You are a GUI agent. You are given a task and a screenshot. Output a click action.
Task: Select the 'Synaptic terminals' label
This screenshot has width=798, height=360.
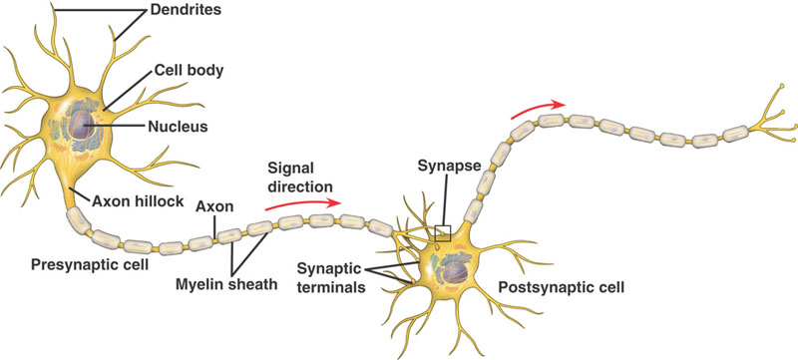coord(330,278)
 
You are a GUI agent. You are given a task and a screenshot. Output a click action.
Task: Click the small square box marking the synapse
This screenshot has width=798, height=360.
coord(444,233)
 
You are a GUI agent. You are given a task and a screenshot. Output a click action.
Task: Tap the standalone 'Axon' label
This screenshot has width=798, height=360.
coord(213,207)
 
